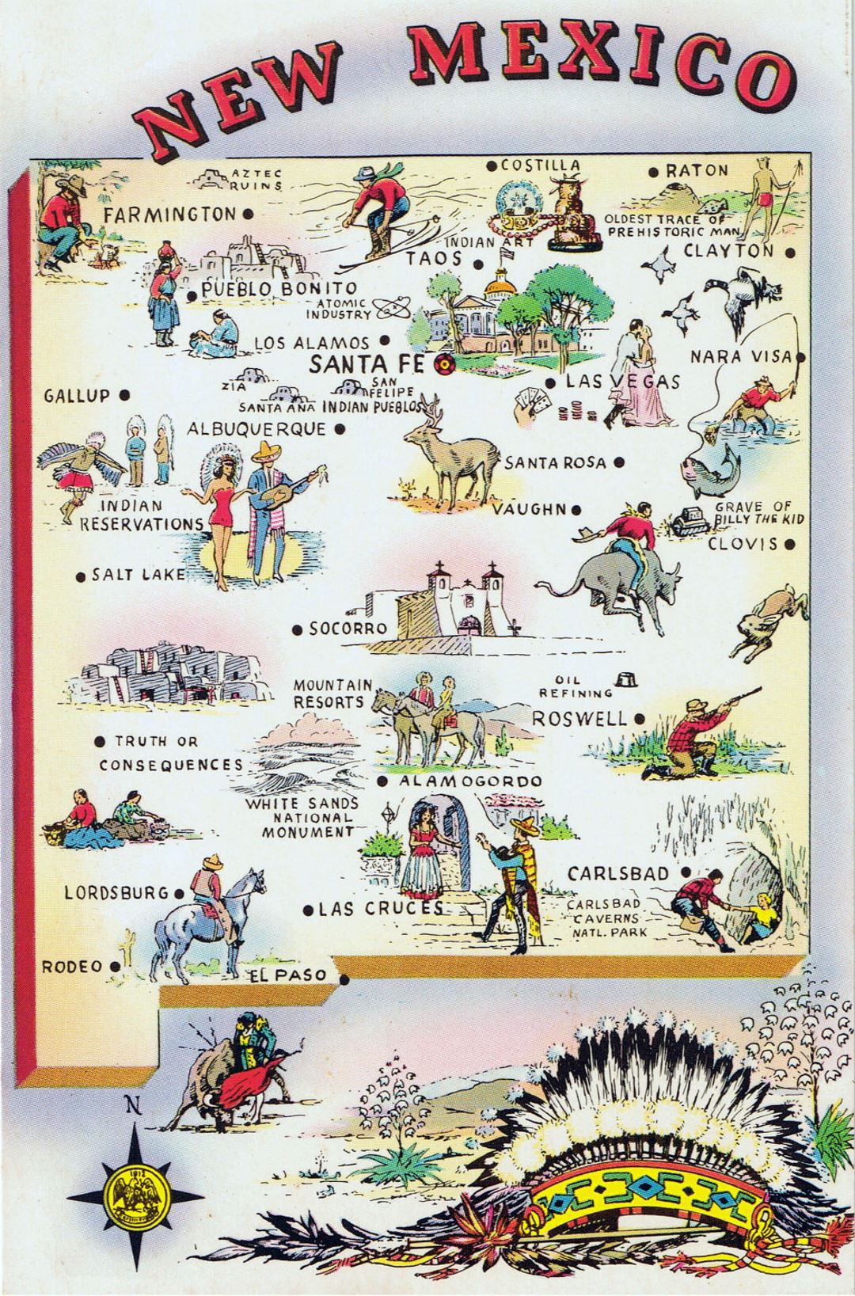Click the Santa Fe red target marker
pos(443,365)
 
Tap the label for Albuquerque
pos(256,429)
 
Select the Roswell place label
pos(579,719)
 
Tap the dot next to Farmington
pos(248,214)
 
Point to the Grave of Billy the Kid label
pos(751,512)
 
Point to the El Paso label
pos(288,975)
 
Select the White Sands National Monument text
pos(301,817)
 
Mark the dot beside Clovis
pos(790,545)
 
